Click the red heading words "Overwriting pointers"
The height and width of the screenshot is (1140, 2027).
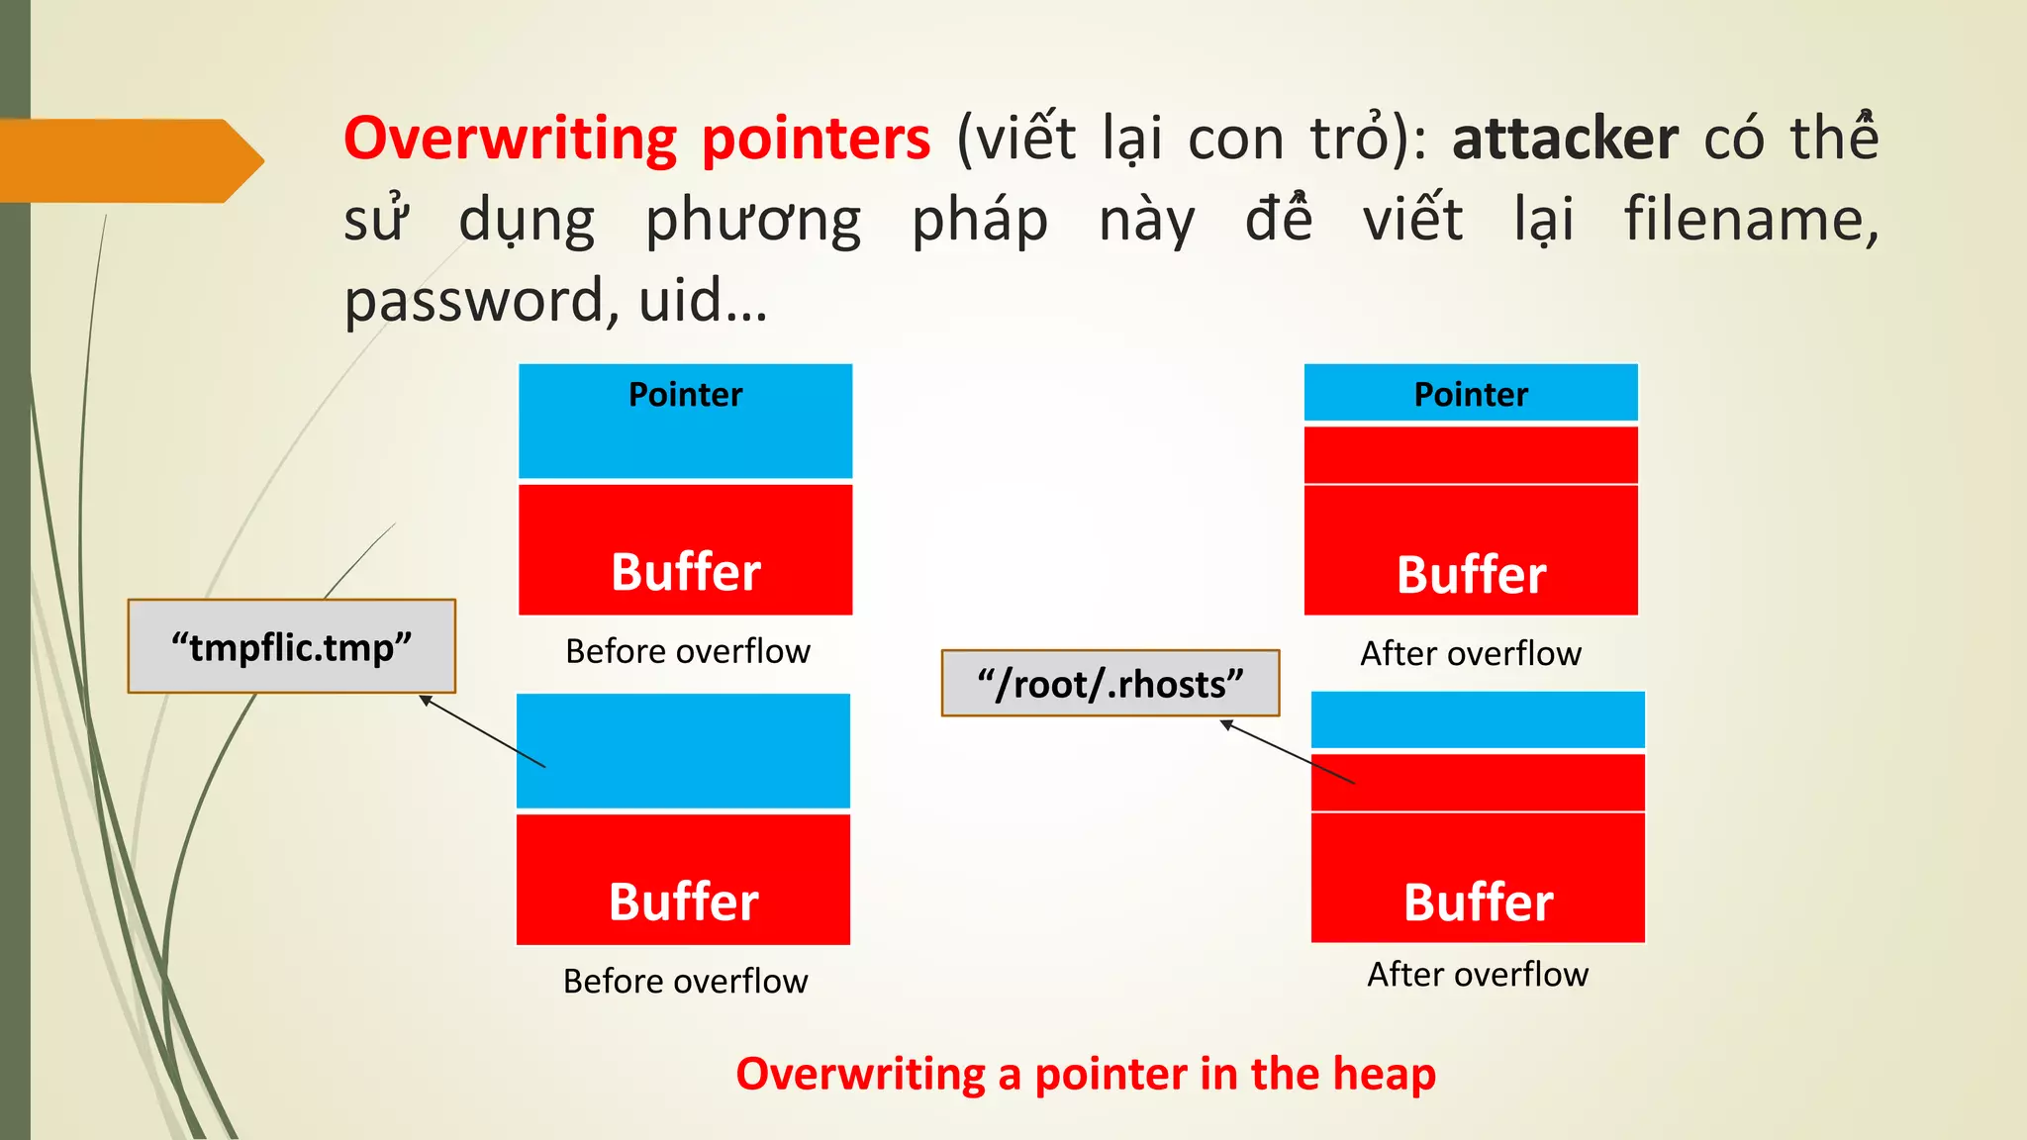636,139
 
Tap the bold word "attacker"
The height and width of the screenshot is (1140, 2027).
1565,139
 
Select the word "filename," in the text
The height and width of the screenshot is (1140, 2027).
1751,219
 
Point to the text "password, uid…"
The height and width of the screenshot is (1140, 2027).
555,301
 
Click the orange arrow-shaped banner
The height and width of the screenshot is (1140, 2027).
129,160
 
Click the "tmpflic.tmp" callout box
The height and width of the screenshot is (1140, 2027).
291,647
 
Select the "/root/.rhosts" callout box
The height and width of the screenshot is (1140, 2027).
1110,684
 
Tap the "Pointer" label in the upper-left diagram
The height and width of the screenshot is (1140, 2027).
685,395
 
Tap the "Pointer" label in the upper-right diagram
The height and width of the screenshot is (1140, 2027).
1471,395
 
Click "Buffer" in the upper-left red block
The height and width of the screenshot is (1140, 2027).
685,572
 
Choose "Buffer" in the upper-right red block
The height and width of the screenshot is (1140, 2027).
1471,575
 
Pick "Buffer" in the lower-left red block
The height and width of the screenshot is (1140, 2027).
683,902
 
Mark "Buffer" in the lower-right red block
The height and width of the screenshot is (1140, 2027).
1478,902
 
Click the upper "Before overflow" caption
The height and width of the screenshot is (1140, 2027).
688,651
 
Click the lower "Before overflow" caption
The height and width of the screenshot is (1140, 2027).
685,981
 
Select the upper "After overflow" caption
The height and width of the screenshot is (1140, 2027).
1471,653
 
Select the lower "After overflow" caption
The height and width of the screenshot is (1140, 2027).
1478,975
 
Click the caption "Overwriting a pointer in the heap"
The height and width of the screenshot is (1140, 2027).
1086,1074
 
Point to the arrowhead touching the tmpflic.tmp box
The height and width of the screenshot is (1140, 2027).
426,701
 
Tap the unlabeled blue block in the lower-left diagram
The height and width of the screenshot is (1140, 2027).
683,751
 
